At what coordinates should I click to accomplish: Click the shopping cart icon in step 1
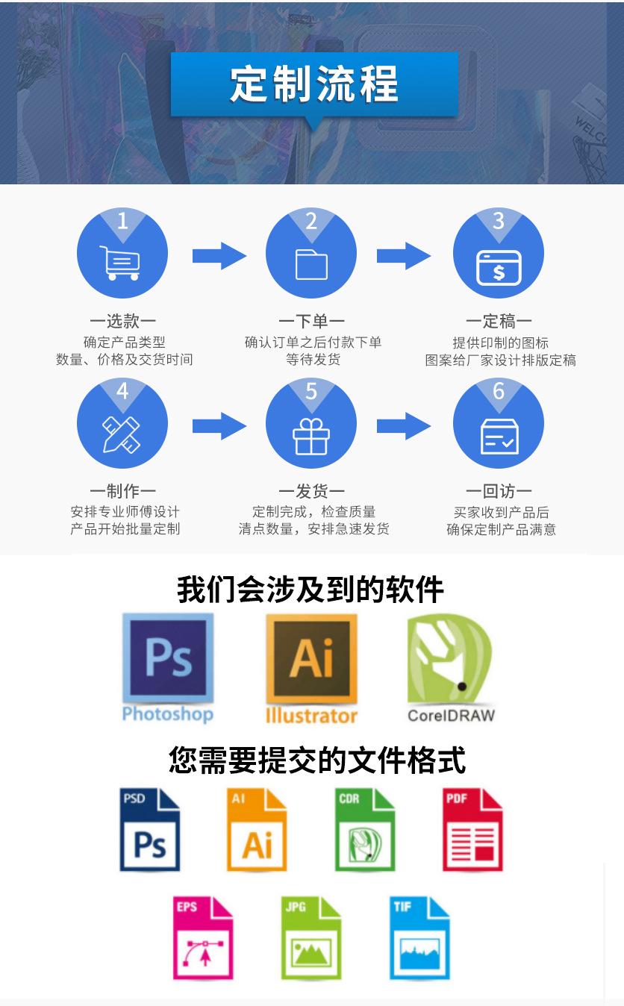(x=120, y=263)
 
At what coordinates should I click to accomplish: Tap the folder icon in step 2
(x=311, y=264)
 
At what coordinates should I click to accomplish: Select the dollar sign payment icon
(x=499, y=268)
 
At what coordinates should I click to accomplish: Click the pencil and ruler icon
(x=122, y=434)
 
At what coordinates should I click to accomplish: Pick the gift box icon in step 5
(x=311, y=436)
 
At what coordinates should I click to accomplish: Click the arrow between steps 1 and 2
(x=219, y=256)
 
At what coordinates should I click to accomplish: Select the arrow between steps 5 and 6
(x=403, y=426)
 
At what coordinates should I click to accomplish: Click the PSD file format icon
(x=149, y=829)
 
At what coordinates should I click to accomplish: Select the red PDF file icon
(x=472, y=829)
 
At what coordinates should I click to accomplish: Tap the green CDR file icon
(x=365, y=829)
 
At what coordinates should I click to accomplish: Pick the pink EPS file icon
(x=203, y=938)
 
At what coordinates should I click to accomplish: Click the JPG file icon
(x=311, y=938)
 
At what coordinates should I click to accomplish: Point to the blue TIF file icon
(x=419, y=938)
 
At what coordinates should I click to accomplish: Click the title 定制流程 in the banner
(x=314, y=84)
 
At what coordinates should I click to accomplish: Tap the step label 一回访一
(x=499, y=491)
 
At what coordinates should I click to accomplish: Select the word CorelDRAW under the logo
(x=451, y=716)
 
